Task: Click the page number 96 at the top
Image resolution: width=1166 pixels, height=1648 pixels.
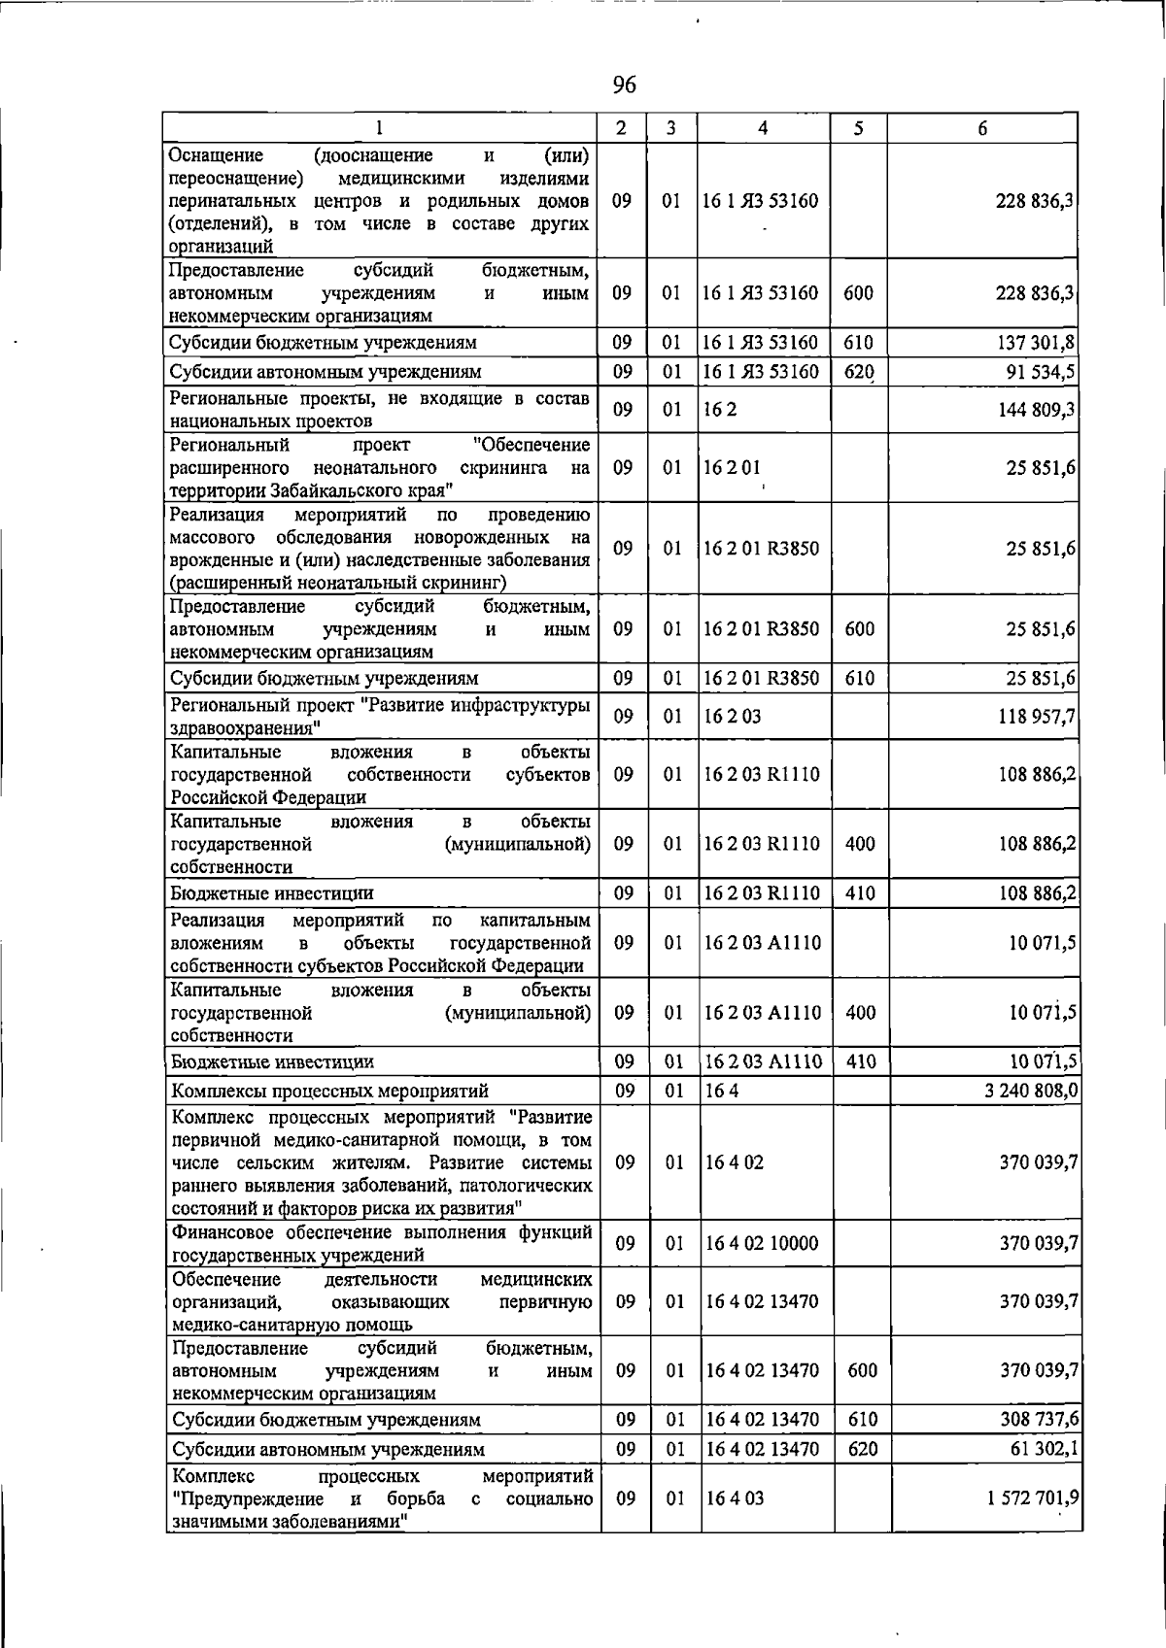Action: [x=624, y=85]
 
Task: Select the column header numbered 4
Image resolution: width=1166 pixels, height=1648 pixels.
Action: [x=764, y=128]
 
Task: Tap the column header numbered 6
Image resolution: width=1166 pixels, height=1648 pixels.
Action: [x=983, y=128]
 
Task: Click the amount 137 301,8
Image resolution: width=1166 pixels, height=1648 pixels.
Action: [x=1034, y=343]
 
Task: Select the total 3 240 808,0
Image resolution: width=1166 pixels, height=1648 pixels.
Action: [x=1030, y=1091]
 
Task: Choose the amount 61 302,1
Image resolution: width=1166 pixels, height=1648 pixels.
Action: [x=1042, y=1450]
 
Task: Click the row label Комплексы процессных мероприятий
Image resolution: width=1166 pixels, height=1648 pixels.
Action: [x=329, y=1092]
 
